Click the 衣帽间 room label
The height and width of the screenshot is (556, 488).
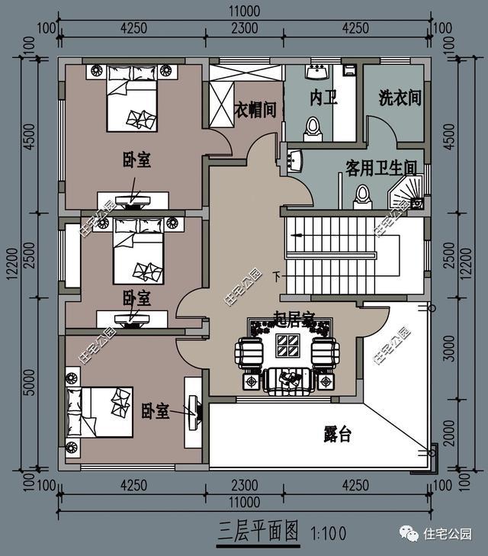click(x=254, y=110)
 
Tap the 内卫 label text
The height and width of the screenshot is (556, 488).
click(x=323, y=98)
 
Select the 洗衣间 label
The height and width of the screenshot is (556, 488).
click(x=400, y=98)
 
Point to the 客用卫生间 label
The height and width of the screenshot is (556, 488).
click(x=380, y=167)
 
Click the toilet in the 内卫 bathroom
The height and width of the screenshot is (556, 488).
click(x=313, y=128)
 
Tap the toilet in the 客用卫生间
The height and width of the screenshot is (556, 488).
click(x=361, y=196)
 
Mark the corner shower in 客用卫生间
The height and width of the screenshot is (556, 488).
click(x=409, y=194)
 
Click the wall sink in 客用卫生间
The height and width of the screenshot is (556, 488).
click(x=296, y=161)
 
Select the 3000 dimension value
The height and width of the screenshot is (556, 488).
click(x=450, y=347)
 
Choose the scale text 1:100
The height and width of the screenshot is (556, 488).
click(x=328, y=532)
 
